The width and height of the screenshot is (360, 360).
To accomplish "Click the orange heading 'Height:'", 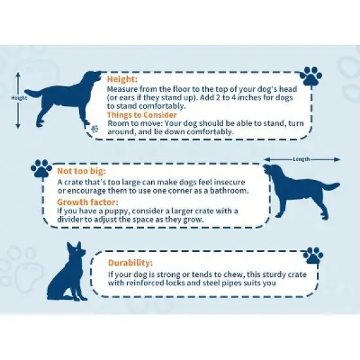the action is tap(122, 79).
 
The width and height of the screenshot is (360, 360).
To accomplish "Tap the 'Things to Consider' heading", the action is tap(142, 115).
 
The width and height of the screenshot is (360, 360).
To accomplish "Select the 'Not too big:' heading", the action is tap(82, 171).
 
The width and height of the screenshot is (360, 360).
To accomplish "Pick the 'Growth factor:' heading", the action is tap(88, 202).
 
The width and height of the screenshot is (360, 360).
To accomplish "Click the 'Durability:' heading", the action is tap(130, 262).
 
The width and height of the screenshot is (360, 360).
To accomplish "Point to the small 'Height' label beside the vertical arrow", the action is tap(19, 98).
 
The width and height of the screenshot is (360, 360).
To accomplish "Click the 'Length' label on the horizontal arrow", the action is tap(301, 159).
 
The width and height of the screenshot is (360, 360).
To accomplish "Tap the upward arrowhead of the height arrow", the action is tap(18, 75).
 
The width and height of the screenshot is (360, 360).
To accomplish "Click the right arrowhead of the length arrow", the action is tap(337, 159).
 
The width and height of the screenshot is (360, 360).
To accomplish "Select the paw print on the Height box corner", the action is tap(311, 76).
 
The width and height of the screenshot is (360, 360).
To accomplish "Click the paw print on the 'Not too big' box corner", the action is tap(41, 168).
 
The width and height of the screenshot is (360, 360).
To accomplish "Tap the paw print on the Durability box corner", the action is tap(313, 255).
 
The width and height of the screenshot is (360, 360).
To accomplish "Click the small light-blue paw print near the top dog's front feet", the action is tap(94, 129).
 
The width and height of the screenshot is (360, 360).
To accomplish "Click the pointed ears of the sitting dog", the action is tap(74, 245).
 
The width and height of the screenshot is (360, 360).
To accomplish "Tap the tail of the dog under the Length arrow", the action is tap(330, 186).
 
